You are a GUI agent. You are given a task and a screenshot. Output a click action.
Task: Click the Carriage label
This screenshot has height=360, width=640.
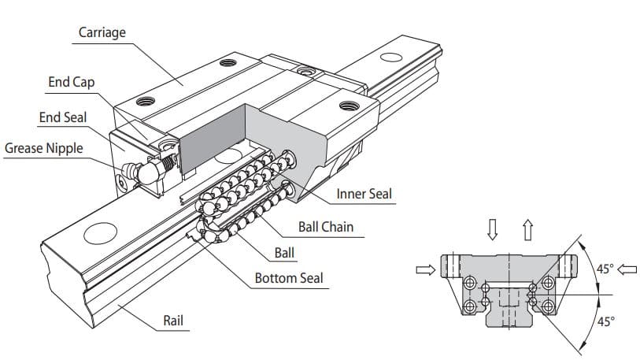(102, 32)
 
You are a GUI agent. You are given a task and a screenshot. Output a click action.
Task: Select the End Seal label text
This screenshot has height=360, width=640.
(63, 117)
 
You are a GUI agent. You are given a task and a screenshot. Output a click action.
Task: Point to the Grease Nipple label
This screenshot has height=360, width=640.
(43, 148)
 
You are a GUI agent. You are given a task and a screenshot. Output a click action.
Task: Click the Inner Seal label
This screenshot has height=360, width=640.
(364, 194)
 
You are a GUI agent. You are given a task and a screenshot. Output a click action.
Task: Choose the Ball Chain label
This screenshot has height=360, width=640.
(325, 227)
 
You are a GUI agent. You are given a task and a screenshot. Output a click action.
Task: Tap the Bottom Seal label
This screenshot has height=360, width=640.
(288, 278)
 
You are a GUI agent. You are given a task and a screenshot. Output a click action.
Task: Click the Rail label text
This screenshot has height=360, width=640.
(173, 320)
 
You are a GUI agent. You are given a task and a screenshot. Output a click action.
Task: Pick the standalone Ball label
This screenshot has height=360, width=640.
(285, 254)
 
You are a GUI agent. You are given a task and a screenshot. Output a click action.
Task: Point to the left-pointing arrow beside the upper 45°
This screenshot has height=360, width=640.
(627, 269)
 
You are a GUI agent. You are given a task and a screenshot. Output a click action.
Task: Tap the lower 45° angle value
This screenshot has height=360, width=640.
(605, 321)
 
